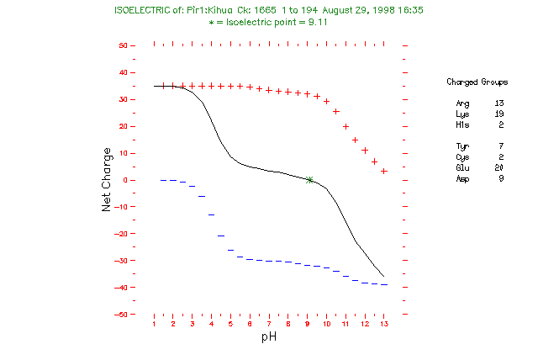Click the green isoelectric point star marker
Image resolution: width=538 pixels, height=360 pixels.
point(310,180)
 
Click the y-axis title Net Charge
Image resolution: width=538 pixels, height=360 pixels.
point(107,180)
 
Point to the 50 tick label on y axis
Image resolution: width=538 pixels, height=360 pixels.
point(124,45)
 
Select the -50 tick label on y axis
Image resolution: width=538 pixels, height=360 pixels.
point(122,315)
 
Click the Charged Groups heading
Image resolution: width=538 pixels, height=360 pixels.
point(477,82)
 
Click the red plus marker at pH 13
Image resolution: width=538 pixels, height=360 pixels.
point(384,171)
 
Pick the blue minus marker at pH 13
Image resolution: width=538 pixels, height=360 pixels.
point(384,285)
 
